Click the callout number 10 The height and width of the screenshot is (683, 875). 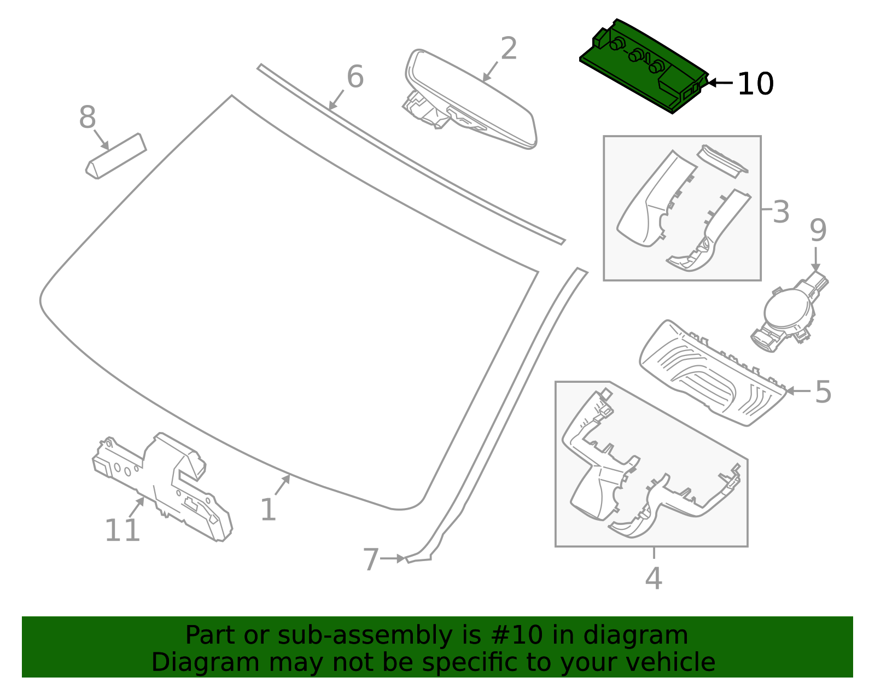tap(755, 84)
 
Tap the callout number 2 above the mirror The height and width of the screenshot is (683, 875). tap(509, 49)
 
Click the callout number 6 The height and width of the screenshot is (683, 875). tap(355, 77)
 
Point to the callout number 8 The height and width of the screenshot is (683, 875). tap(87, 118)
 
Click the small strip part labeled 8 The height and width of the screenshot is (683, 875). tap(116, 156)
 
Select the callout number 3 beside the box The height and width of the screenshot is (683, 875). tap(781, 212)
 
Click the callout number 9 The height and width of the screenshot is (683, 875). tap(818, 231)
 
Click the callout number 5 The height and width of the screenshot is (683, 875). tap(823, 392)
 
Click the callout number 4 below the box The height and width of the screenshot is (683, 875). tap(654, 578)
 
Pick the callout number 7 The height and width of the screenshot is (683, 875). tap(371, 560)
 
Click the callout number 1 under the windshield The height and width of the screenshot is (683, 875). tap(268, 510)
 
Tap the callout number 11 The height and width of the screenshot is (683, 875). tap(122, 530)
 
